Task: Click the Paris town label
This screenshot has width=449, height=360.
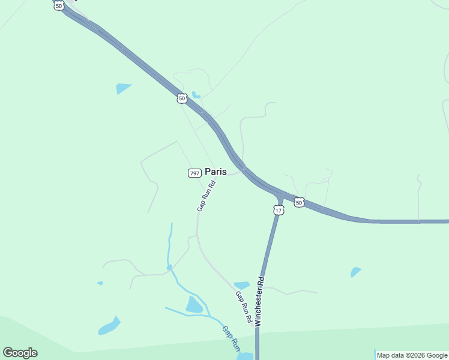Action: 216,172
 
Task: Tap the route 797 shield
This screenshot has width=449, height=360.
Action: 194,173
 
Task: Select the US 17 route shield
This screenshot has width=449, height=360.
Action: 279,210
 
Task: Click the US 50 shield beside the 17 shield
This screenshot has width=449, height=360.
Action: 299,203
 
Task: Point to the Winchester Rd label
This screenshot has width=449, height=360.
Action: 260,301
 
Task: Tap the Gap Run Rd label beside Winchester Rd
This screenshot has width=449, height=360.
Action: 243,307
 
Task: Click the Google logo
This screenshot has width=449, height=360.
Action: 20,353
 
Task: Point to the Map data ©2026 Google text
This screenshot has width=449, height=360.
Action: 412,355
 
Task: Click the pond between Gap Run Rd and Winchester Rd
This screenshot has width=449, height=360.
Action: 242,285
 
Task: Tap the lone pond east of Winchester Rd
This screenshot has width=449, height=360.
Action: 356,272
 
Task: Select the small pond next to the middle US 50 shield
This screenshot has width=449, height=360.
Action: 196,95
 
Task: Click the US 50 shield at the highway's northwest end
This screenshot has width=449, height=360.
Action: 58,5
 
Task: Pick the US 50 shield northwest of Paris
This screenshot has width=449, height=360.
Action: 182,98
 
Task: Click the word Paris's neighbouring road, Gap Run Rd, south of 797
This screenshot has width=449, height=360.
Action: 197,228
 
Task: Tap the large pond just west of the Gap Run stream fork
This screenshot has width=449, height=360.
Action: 194,305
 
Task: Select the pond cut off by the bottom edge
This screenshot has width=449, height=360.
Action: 244,356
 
